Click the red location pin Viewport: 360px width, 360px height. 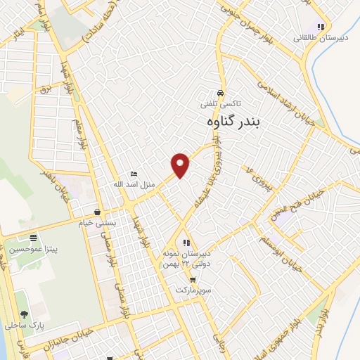click(x=181, y=165)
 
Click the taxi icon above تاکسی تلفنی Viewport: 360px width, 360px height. click(x=221, y=94)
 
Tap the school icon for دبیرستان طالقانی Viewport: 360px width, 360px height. click(x=321, y=27)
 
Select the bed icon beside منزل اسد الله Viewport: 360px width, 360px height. click(x=134, y=174)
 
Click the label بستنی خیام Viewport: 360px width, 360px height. click(x=96, y=221)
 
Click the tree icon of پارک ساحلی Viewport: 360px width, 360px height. click(x=25, y=314)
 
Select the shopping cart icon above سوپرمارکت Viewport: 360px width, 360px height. click(x=193, y=280)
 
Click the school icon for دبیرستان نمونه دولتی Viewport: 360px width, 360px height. click(x=186, y=243)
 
